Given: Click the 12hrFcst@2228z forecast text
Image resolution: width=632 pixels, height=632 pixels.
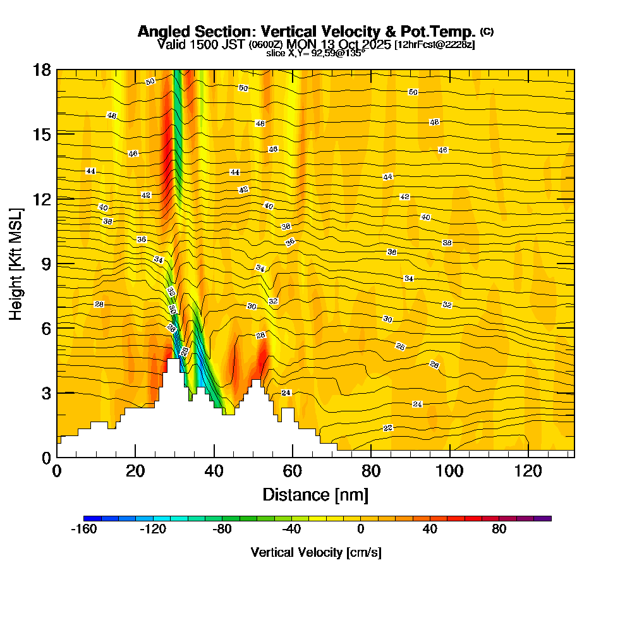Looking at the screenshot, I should (x=434, y=45).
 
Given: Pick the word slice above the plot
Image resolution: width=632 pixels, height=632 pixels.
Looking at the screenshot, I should (x=275, y=53).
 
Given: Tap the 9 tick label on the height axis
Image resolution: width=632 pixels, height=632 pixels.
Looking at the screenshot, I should (x=46, y=264).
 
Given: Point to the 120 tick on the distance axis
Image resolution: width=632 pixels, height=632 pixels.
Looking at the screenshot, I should (x=528, y=471).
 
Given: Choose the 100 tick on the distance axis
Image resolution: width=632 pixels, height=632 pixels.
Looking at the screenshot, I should (x=450, y=471).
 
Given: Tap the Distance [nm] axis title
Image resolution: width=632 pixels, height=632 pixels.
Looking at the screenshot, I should (x=315, y=494).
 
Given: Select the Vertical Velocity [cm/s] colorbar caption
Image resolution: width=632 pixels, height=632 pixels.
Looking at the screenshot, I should (x=316, y=552).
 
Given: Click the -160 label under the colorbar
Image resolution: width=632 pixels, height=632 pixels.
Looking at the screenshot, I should (x=84, y=530).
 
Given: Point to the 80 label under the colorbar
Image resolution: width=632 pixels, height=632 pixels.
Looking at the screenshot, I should (x=499, y=530).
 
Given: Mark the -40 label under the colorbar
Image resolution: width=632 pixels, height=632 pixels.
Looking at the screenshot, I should (x=291, y=530).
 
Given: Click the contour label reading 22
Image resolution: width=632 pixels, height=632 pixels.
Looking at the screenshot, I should (x=388, y=428).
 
